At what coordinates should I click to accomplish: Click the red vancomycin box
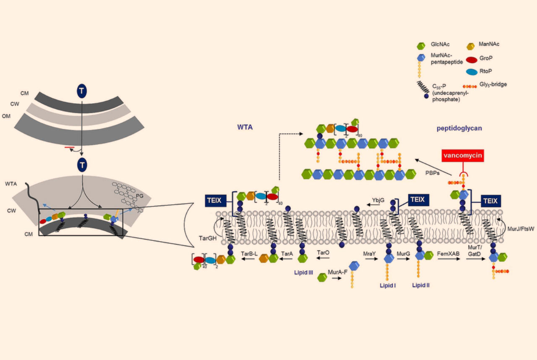point(463,157)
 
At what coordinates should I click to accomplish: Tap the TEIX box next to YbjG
point(417,200)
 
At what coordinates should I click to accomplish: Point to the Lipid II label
point(420,285)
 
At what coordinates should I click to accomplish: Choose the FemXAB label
point(448,254)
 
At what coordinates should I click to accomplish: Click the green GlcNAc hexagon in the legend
point(422,45)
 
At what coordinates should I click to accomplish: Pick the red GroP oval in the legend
point(472,59)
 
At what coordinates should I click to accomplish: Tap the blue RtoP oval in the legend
point(472,72)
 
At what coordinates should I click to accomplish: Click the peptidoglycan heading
point(459,128)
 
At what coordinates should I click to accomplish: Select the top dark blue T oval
point(82,90)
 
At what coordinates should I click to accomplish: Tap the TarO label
point(322,254)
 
